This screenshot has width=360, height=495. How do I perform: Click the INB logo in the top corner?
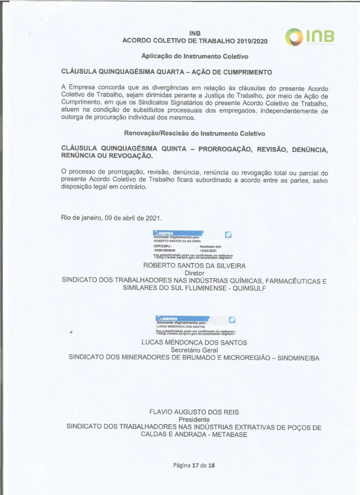(310, 37)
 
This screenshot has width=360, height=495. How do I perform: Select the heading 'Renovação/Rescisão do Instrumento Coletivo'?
(194, 133)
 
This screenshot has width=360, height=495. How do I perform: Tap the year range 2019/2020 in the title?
(249, 41)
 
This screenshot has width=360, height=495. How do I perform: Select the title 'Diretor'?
(194, 273)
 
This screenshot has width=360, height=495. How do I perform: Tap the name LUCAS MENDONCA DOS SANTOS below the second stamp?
(194, 343)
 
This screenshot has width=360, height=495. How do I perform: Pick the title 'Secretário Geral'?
(194, 350)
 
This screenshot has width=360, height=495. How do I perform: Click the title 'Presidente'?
(194, 419)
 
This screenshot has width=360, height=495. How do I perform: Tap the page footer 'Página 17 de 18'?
(194, 465)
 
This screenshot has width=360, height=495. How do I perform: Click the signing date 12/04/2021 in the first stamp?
(208, 250)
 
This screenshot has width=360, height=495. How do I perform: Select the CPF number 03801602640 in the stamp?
(165, 250)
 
